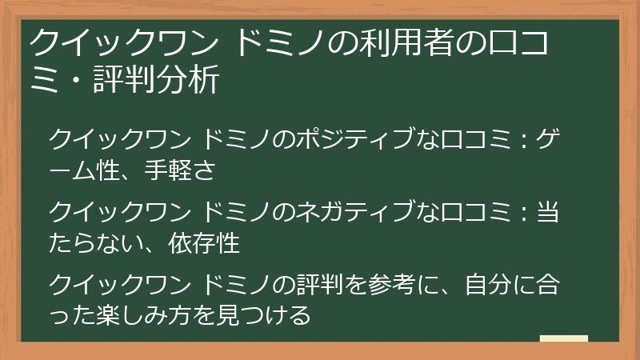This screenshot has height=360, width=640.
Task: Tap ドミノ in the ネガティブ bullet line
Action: pyautogui.click(x=235, y=212)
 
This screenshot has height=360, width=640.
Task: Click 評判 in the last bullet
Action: pyautogui.click(x=317, y=286)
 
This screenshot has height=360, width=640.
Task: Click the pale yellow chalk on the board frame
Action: pyautogui.click(x=564, y=338)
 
